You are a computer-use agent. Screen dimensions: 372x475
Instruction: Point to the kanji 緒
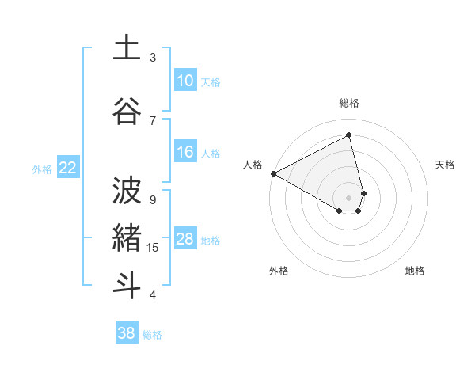click(x=127, y=237)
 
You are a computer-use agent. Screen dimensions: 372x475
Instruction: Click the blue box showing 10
click(x=184, y=81)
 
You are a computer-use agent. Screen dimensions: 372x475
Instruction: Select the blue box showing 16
click(x=184, y=152)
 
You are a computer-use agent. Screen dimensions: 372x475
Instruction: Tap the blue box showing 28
click(x=184, y=239)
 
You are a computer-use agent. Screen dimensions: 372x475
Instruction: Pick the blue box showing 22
click(x=67, y=168)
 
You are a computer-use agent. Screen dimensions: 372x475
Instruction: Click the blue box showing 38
click(x=126, y=333)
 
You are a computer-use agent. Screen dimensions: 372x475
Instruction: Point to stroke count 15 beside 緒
click(x=153, y=248)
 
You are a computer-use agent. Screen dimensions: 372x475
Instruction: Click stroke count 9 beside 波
click(x=153, y=199)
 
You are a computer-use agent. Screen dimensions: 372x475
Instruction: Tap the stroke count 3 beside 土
click(x=153, y=58)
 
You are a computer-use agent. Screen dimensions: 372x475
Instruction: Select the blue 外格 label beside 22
click(x=42, y=169)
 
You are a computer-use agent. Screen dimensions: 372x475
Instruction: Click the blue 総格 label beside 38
click(x=152, y=335)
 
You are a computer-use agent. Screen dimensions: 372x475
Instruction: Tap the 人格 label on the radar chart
click(x=253, y=165)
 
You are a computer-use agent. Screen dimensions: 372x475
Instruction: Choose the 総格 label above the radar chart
click(x=349, y=103)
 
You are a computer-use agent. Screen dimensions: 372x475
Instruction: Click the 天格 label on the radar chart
click(x=446, y=165)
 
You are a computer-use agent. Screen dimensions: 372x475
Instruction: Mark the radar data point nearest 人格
click(x=273, y=173)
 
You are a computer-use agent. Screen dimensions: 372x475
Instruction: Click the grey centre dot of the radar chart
click(x=349, y=196)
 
